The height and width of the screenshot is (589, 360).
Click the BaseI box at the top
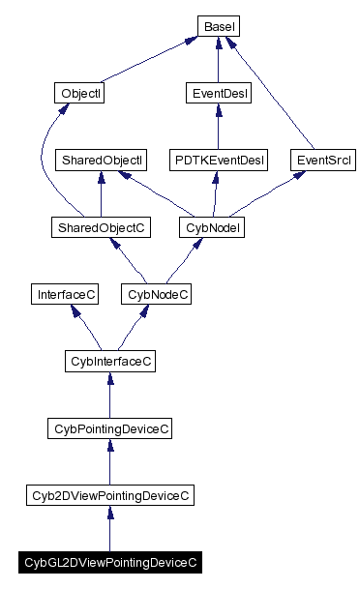point(218,26)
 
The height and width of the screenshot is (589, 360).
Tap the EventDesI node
point(218,94)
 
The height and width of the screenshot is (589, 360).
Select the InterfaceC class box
point(65,294)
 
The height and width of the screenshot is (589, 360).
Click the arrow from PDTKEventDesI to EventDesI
point(218,127)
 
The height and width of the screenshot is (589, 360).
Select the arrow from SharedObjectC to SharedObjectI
point(101,193)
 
